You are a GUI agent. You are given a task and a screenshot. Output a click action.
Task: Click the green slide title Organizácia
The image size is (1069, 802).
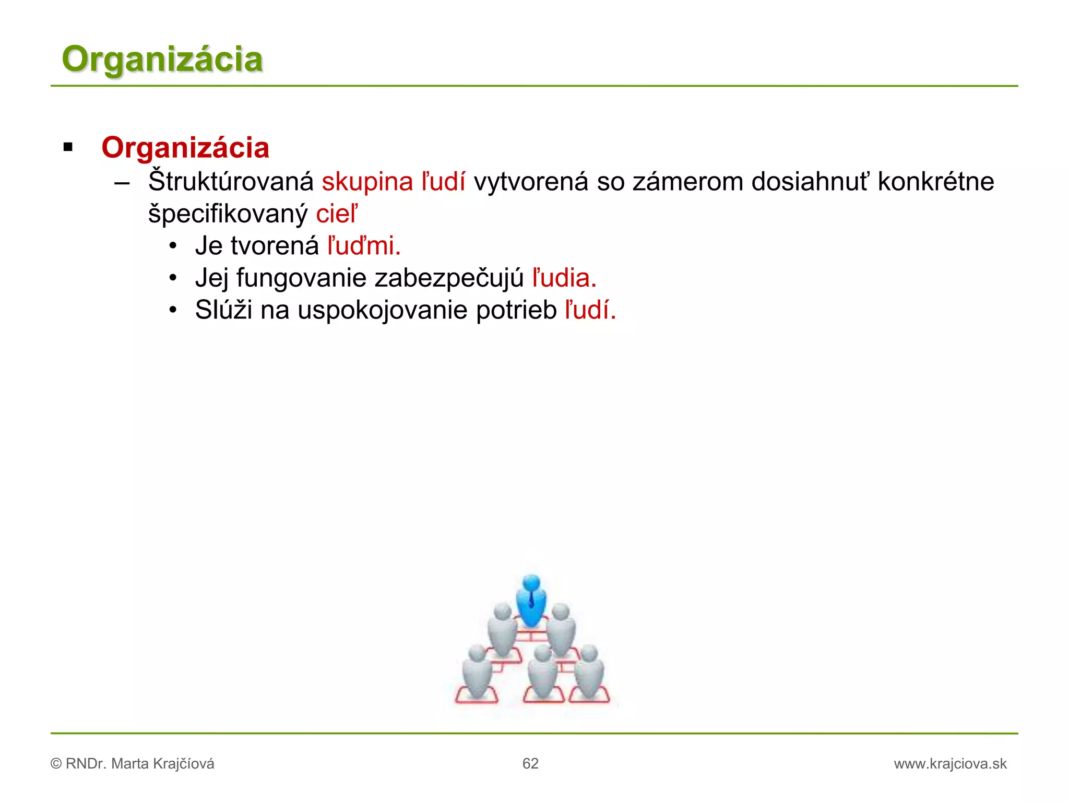pyautogui.click(x=162, y=59)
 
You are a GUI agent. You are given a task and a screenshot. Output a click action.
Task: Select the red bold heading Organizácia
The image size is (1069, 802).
pyautogui.click(x=185, y=148)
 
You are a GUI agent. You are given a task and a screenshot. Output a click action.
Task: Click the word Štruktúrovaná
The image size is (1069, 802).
pyautogui.click(x=231, y=182)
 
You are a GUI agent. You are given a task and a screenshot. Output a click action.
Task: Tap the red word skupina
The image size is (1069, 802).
pyautogui.click(x=367, y=182)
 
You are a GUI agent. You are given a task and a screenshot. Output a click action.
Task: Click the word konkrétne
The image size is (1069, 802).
pyautogui.click(x=935, y=182)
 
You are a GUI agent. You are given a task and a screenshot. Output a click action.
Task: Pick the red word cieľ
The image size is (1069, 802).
pyautogui.click(x=337, y=214)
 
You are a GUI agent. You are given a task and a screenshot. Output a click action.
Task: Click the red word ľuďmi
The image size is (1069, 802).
pyautogui.click(x=364, y=246)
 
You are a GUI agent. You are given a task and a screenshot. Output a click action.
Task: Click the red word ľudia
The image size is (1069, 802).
pyautogui.click(x=564, y=278)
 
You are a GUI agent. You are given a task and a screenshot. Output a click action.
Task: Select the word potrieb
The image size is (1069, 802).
pyautogui.click(x=516, y=311)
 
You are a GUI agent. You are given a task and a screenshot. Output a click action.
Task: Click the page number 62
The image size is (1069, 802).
pyautogui.click(x=530, y=764)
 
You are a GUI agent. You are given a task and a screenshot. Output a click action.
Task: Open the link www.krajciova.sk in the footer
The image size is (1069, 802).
pyautogui.click(x=950, y=764)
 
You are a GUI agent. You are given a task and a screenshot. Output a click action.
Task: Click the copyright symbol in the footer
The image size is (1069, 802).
pyautogui.click(x=56, y=764)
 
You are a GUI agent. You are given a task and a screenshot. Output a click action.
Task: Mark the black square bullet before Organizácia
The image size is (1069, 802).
pyautogui.click(x=68, y=147)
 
